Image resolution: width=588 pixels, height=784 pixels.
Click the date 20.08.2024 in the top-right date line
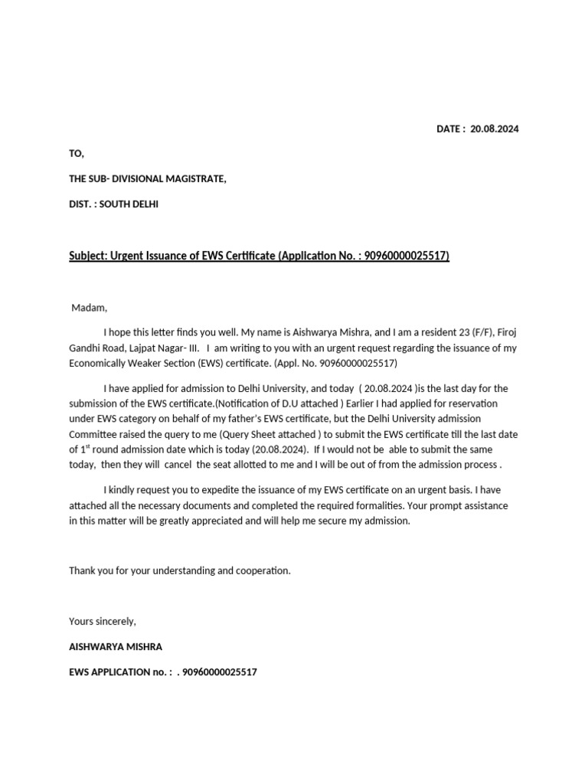494,129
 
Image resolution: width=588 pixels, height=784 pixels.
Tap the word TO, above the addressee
77,154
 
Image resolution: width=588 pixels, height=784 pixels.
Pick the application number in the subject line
407,255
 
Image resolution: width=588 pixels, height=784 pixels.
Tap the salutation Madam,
90,308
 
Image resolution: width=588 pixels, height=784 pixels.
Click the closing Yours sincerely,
103,621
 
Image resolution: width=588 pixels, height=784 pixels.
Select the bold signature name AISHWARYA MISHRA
116,646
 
